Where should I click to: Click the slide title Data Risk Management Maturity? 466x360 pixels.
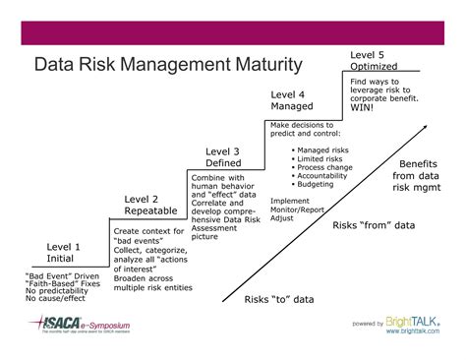pos(168,66)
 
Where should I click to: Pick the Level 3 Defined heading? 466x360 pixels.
pos(222,157)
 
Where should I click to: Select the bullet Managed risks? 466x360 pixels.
pos(320,150)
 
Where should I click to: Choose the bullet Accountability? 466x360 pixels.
pos(320,177)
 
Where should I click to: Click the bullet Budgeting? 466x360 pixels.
pos(315,186)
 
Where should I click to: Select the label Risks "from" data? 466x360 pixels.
pos(374,225)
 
